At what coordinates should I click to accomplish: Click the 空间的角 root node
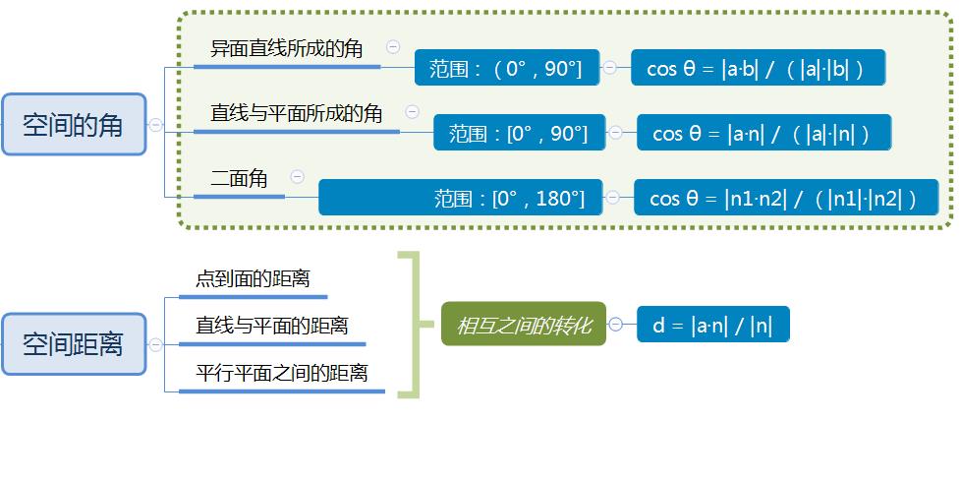[x=74, y=124]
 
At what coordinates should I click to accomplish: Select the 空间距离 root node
[x=74, y=344]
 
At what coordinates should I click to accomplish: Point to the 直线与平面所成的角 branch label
[x=296, y=113]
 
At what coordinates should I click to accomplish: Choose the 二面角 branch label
[x=239, y=178]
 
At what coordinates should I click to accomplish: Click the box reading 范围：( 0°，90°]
[x=506, y=68]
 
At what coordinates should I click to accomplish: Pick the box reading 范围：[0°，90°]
[x=518, y=133]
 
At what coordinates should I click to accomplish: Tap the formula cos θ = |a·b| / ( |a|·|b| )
[x=758, y=68]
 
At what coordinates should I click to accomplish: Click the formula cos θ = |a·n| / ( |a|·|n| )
[x=763, y=133]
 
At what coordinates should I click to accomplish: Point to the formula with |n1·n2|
[x=785, y=198]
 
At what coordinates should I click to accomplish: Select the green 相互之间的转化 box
[x=524, y=325]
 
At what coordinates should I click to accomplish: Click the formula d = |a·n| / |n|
[x=712, y=325]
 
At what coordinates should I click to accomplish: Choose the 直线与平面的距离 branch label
[x=271, y=326]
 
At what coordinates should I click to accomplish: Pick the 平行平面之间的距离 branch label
[x=281, y=373]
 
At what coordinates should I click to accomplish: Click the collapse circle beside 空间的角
[x=155, y=125]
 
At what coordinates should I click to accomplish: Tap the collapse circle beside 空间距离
[x=155, y=345]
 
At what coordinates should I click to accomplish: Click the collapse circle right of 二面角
[x=297, y=177]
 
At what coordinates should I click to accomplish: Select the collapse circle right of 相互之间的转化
[x=616, y=325]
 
